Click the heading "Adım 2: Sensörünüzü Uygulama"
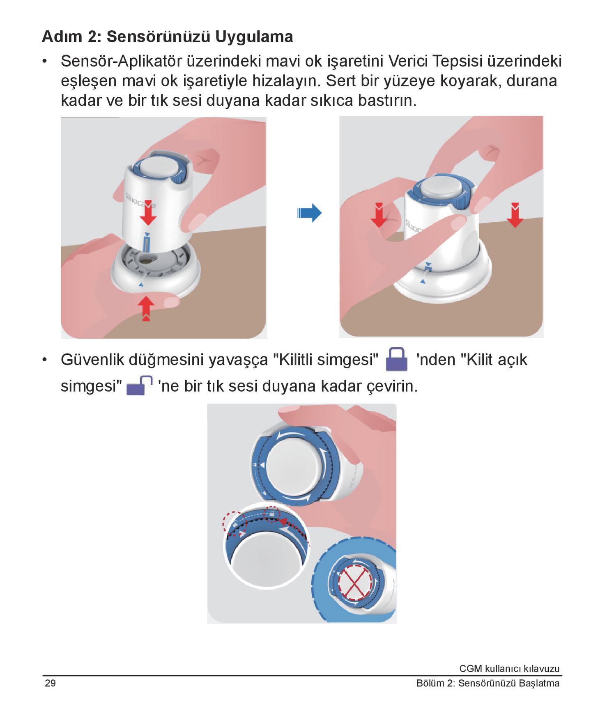167,37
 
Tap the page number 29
50,683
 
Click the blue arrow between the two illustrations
309,213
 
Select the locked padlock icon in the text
397,359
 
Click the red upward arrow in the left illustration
146,308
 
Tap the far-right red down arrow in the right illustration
515,215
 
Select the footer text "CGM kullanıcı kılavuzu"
509,669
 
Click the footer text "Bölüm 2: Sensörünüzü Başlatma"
488,684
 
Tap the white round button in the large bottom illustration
294,464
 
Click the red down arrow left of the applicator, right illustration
379,215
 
